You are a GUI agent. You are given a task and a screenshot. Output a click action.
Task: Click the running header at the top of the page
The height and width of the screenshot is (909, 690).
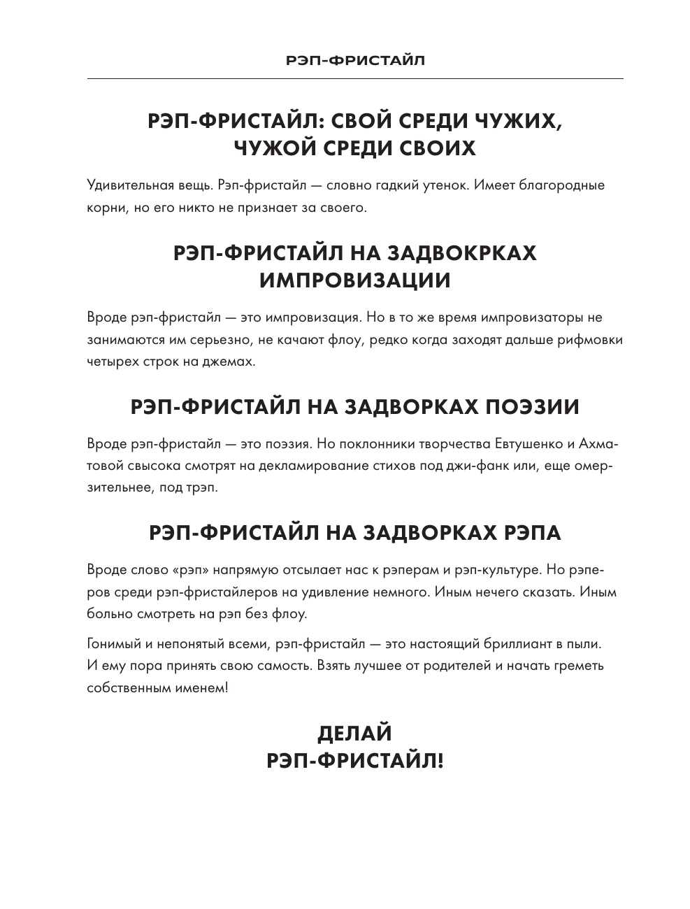[x=355, y=60]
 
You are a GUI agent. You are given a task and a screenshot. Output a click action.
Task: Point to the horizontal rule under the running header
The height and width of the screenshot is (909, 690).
[x=355, y=78]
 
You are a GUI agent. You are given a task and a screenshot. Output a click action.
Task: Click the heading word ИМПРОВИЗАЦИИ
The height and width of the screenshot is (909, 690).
[x=355, y=280]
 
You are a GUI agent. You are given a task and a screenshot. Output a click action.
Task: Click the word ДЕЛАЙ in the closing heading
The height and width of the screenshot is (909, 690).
[x=355, y=733]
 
